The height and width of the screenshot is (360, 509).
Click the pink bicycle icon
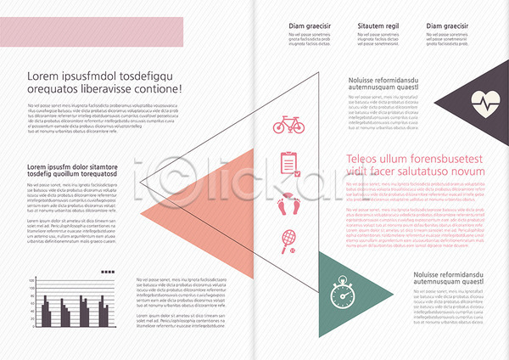tap(288, 126)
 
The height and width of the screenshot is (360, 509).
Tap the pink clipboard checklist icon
tap(288, 162)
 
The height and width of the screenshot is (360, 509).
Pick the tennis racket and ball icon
tap(288, 241)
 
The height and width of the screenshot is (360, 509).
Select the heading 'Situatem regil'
tap(378, 26)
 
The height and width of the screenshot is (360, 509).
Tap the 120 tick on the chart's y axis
tap(32, 279)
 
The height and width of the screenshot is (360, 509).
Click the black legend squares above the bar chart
tap(107, 272)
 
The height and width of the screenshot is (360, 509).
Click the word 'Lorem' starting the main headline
tap(42, 76)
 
